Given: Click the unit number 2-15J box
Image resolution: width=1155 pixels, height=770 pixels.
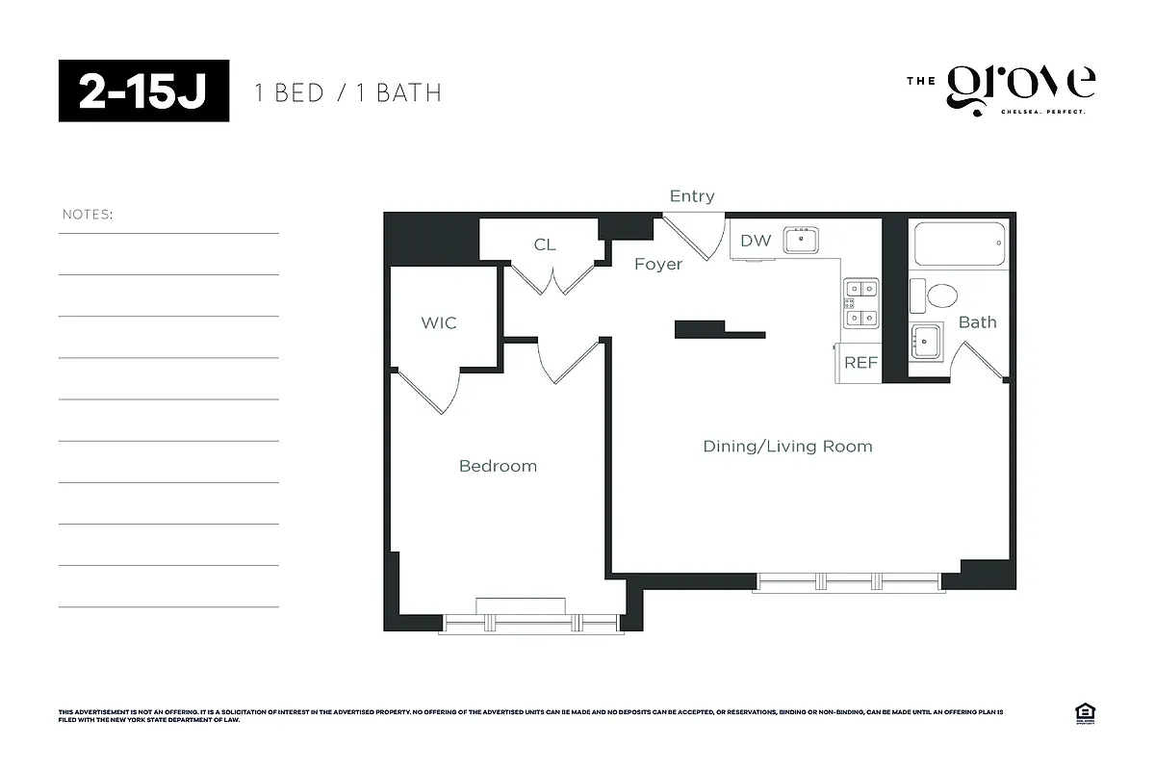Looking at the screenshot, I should click(143, 90).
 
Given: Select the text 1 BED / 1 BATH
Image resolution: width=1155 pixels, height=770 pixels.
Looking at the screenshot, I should click(347, 93).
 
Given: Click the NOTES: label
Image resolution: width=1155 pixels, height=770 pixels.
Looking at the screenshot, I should click(88, 214).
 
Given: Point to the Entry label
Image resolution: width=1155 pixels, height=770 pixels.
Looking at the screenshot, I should click(692, 196).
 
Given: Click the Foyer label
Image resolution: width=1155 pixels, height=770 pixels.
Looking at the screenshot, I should click(658, 264).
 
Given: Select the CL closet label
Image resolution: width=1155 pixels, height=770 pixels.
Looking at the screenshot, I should click(545, 244).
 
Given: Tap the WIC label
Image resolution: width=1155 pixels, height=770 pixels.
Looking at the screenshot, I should click(439, 322).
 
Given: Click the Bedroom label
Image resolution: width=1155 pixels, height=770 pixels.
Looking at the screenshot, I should click(498, 466).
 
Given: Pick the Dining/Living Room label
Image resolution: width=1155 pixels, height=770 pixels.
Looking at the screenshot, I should click(787, 446).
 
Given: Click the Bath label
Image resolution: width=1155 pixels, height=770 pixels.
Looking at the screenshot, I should click(977, 322).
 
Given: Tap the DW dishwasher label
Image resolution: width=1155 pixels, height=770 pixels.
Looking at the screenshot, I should click(756, 241).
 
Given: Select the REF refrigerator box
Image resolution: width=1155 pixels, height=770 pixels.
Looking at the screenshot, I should click(860, 363).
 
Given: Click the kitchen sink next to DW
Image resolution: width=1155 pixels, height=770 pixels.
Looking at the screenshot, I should click(801, 240).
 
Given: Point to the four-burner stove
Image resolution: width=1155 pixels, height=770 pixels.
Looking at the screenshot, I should click(861, 302).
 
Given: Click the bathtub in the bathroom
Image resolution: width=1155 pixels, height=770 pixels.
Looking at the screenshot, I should click(959, 244).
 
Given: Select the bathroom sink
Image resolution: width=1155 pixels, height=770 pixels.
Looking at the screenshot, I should click(926, 340).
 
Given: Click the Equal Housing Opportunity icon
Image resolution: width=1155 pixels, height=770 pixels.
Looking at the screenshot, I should click(1086, 713).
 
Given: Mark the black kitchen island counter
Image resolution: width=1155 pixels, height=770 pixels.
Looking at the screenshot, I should click(717, 329).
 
